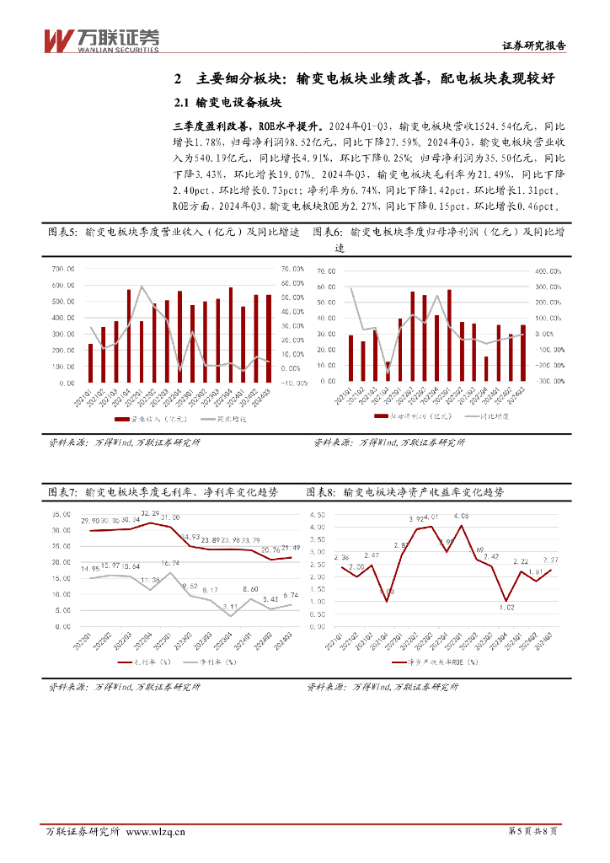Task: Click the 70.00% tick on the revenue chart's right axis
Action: click(292, 270)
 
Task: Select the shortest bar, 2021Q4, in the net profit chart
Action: click(388, 372)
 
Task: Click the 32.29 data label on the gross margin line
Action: click(150, 513)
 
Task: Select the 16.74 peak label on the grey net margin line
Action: click(171, 562)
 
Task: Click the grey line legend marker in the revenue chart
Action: click(187, 419)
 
